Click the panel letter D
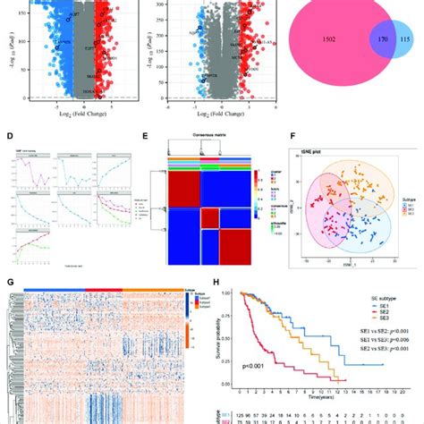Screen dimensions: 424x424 tap(10, 137)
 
